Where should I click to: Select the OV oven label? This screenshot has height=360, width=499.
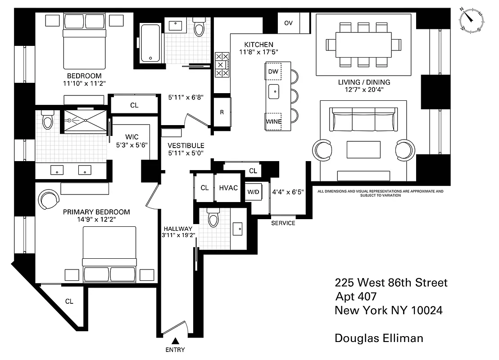pos(288,23)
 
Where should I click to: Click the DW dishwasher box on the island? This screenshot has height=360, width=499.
pos(273,72)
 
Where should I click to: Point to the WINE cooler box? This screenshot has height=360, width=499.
pos(273,121)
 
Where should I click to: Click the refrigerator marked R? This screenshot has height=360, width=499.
pos(222,112)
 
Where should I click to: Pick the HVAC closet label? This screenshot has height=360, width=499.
pos(228,188)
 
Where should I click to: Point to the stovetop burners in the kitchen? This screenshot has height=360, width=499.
pos(222,65)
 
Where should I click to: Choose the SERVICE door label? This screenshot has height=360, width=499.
pos(283,223)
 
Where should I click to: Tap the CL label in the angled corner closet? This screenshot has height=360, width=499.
pos(69,301)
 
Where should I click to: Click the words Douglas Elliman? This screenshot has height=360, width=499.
pos(379,338)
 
